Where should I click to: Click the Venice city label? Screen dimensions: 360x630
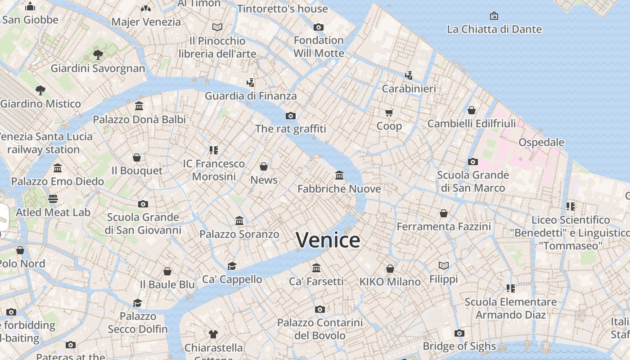point(328,240)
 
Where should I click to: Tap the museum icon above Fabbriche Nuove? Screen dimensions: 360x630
point(339,175)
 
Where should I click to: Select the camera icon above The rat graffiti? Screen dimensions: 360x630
point(291,116)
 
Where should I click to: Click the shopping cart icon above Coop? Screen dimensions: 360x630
point(389,112)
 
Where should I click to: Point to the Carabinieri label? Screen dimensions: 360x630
point(409,89)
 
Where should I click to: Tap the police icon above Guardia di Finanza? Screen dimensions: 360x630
point(251,82)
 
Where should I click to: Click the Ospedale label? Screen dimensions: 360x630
point(541,142)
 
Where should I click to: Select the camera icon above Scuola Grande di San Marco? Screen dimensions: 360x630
point(473,162)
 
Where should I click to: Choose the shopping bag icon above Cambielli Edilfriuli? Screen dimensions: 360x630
point(472,110)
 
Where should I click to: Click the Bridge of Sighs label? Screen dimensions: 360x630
point(459,346)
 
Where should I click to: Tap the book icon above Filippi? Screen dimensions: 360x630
point(444,265)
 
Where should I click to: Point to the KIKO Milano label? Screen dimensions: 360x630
point(390,282)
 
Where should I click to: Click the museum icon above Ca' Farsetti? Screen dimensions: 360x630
point(316,268)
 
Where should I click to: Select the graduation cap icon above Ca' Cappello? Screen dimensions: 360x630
point(232,266)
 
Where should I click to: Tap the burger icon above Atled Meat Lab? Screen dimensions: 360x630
point(53,198)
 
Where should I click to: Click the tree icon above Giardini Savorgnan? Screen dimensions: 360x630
point(98,55)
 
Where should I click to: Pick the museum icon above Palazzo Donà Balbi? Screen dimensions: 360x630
point(139,106)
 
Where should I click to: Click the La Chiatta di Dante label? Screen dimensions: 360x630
point(494,29)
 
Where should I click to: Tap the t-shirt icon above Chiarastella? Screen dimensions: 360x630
point(213,334)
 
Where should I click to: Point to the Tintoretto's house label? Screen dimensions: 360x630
point(283,9)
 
